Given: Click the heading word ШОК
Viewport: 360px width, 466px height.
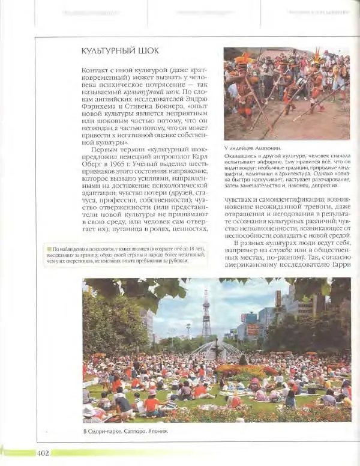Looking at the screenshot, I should pyautogui.click(x=146, y=51).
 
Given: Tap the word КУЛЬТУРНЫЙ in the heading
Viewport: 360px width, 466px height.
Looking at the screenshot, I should pyautogui.click(x=106, y=51).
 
